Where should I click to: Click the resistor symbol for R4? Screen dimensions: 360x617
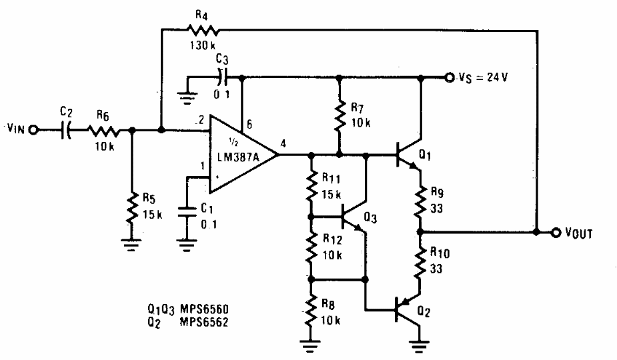click(x=202, y=29)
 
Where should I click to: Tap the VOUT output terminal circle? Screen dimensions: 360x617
click(x=557, y=233)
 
